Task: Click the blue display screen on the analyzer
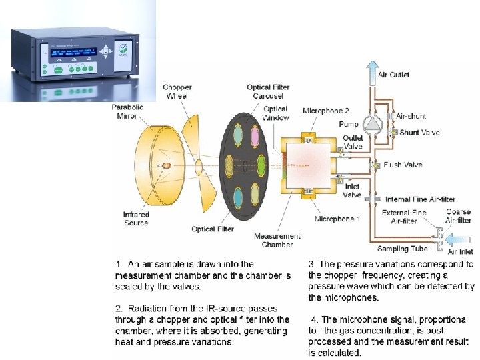74,51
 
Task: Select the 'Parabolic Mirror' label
124,111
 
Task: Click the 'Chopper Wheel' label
177,91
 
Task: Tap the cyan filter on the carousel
237,195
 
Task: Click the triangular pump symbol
371,124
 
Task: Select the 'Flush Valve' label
403,165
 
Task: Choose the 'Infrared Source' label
136,219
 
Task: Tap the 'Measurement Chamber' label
277,240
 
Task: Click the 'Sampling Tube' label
402,249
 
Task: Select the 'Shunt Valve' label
419,132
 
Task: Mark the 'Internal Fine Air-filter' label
420,199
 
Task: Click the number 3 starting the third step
311,264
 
